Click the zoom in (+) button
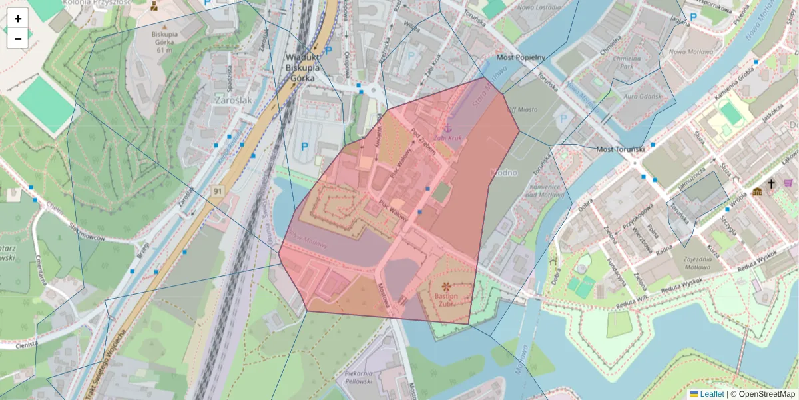click(18, 19)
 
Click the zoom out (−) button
click(18, 39)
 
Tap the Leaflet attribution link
click(711, 394)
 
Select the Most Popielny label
click(521, 58)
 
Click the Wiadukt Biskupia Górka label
click(303, 67)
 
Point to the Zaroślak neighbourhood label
click(234, 100)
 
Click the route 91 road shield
click(217, 191)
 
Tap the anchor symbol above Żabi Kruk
click(448, 126)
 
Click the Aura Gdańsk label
click(640, 97)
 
